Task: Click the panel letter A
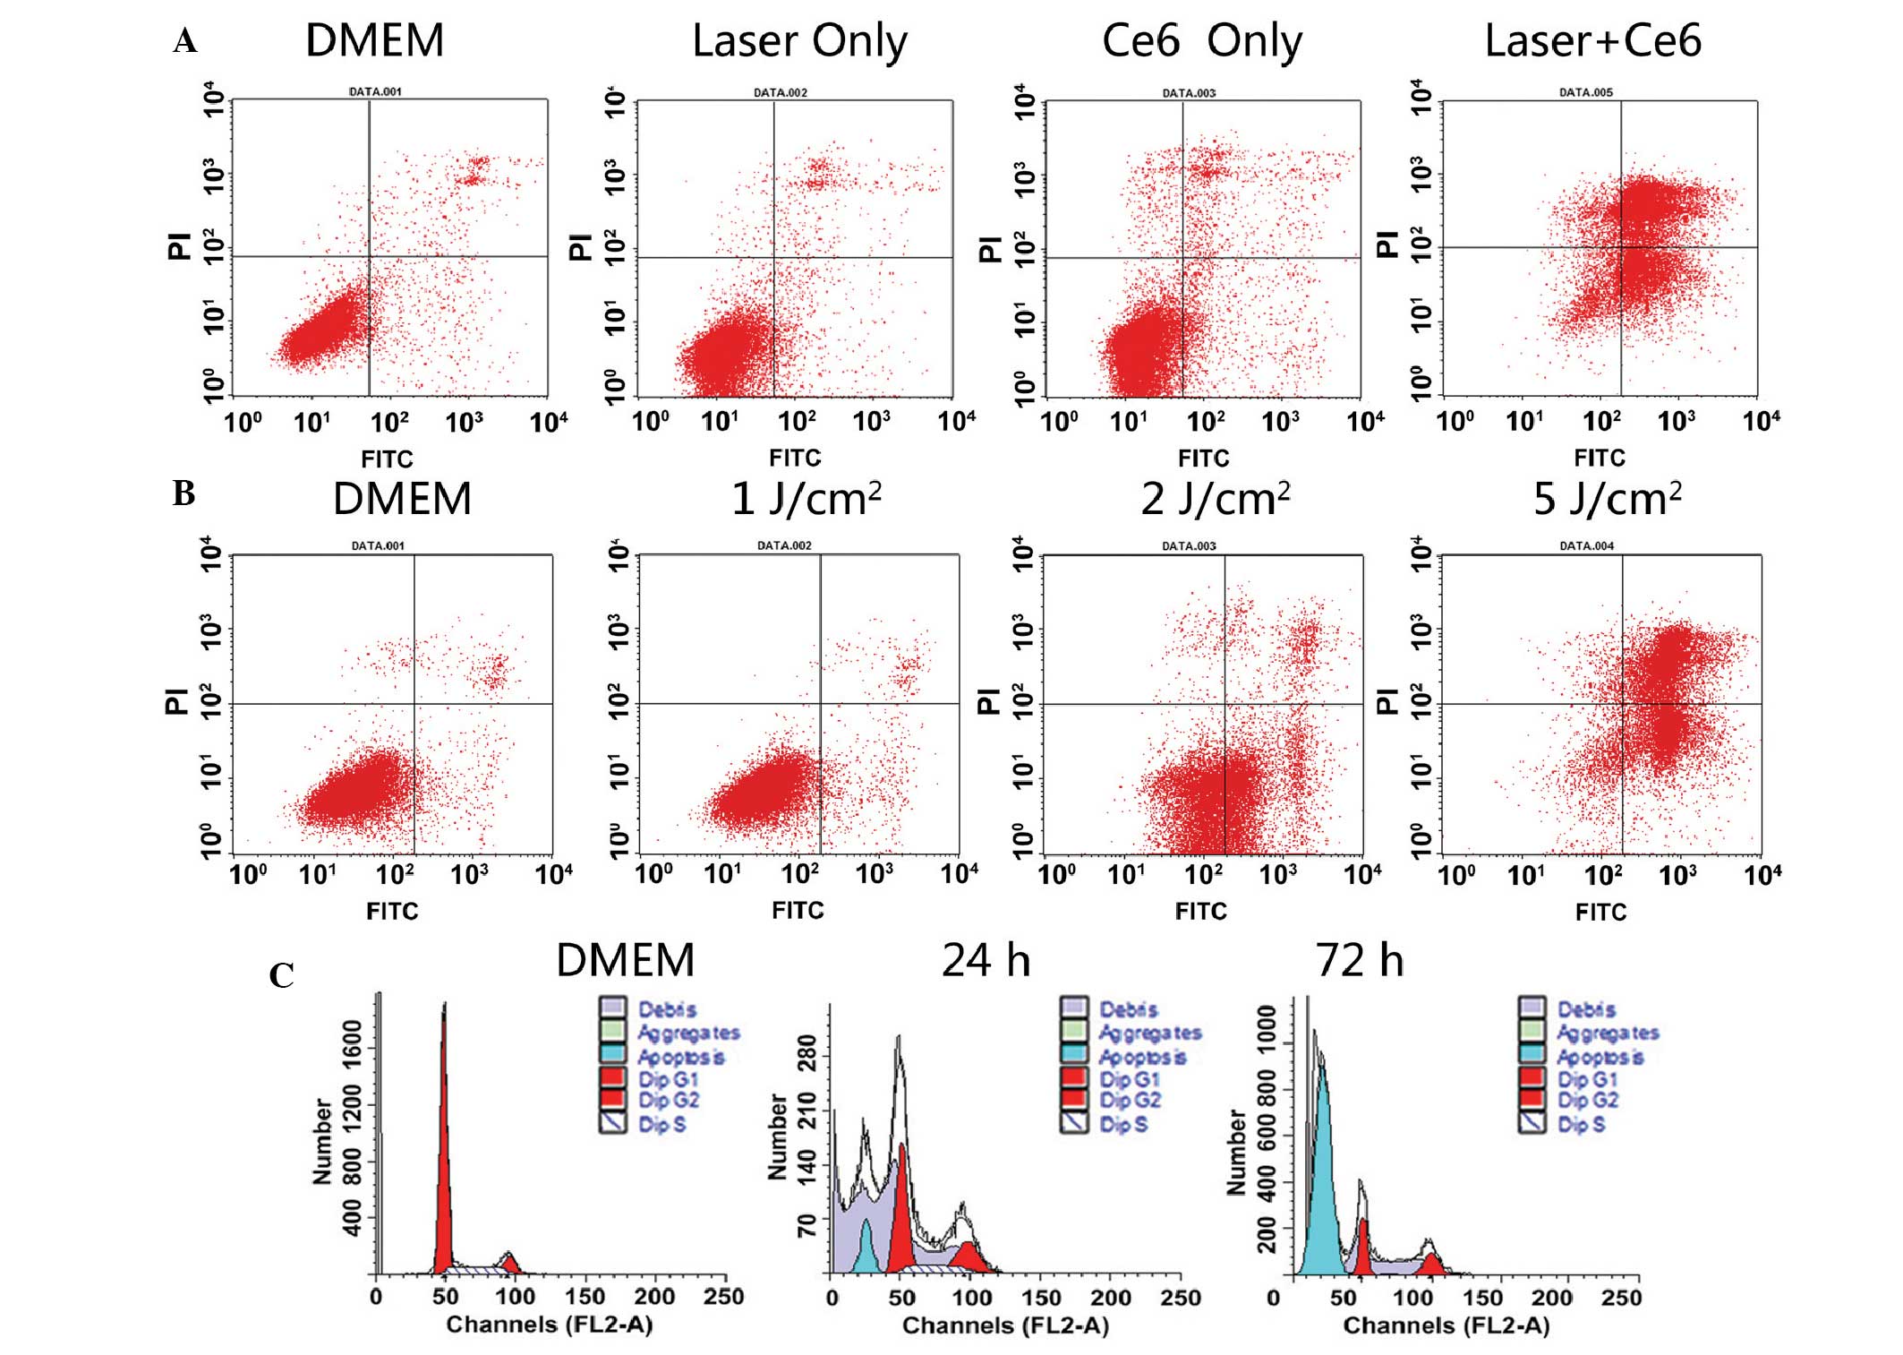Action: coord(185,41)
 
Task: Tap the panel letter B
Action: coord(183,493)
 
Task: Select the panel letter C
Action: coord(281,975)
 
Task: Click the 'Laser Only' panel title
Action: coord(799,41)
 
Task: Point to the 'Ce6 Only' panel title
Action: coord(1201,41)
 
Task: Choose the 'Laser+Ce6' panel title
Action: coord(1592,41)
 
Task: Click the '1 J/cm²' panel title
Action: coord(806,498)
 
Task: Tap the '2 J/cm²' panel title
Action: coord(1215,498)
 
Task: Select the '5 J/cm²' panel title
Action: coord(1607,498)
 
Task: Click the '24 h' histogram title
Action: coord(986,961)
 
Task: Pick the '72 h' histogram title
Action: coord(1359,961)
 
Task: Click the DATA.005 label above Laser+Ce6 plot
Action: coord(1585,92)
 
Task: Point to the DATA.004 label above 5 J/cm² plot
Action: coord(1586,545)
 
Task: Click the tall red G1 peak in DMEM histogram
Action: coord(444,1164)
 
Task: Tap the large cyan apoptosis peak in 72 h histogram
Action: coord(1321,1182)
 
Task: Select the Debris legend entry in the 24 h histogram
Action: coord(1128,1009)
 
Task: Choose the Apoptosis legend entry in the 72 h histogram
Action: coord(1599,1057)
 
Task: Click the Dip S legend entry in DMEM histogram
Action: coord(661,1124)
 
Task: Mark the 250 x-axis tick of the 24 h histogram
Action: coord(1180,1298)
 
